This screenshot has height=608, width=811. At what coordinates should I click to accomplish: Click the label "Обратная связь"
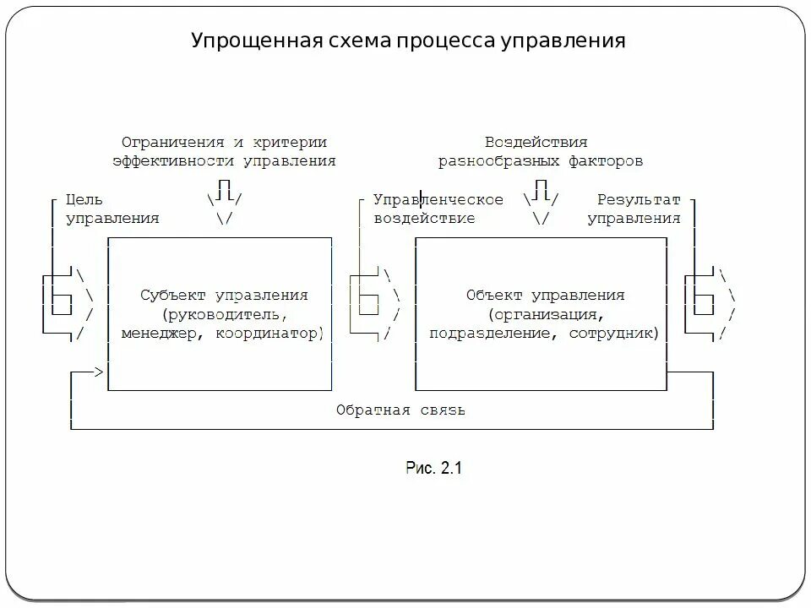[400, 410]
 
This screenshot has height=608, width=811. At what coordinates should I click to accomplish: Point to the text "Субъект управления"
[224, 296]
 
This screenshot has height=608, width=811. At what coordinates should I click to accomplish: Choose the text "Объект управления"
[545, 296]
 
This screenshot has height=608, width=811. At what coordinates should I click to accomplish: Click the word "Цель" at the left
[84, 200]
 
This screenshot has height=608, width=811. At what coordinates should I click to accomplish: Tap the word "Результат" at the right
[639, 200]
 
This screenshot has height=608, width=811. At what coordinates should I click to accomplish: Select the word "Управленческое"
[438, 200]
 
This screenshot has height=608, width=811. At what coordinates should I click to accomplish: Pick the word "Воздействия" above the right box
[536, 142]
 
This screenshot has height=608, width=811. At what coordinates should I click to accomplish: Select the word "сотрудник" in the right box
[617, 333]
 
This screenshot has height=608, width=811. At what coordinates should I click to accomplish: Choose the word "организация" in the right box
[544, 314]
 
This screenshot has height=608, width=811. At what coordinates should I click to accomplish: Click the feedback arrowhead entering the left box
[99, 372]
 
